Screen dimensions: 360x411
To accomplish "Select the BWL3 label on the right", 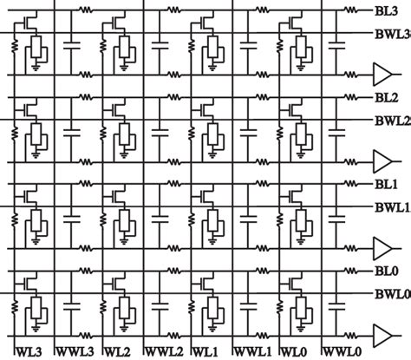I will click(392, 34).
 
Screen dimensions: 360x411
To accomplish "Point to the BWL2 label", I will click(392, 121).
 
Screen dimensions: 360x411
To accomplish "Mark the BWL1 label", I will click(392, 208).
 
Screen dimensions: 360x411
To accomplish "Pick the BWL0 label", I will click(392, 296).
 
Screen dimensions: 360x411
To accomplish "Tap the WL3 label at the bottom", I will click(27, 352).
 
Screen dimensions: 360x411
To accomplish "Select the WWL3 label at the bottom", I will click(77, 352).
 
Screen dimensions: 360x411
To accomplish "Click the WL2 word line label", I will click(118, 352).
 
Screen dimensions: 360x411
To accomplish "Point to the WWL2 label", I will click(166, 352).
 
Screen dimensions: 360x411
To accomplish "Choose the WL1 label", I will click(205, 352).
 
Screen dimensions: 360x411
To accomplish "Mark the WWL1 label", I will click(253, 352).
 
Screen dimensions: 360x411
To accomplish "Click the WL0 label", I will click(294, 352).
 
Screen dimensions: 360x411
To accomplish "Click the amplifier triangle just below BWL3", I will click(380, 72).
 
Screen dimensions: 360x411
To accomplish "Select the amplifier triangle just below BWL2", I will click(380, 160).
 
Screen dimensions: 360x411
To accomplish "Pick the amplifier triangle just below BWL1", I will click(380, 247).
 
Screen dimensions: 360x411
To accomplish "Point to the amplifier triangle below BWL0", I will click(380, 334).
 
